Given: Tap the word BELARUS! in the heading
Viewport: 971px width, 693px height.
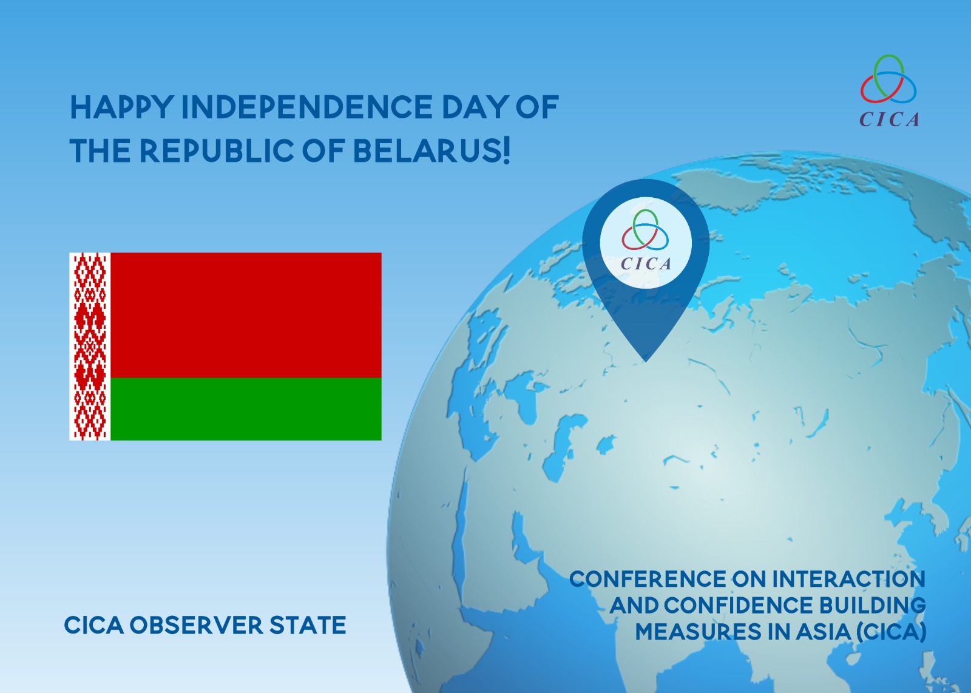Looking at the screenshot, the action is (431, 150).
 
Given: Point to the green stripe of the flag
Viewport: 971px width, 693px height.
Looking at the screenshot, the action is (246, 408).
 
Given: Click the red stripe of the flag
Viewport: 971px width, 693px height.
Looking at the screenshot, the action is (246, 315).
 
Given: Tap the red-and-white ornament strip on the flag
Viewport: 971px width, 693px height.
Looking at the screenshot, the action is (90, 346).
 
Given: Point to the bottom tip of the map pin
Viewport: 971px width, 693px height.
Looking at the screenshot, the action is (646, 362).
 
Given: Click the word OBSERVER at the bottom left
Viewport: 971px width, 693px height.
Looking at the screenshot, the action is (197, 625).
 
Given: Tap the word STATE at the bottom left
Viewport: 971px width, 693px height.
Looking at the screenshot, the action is (308, 625).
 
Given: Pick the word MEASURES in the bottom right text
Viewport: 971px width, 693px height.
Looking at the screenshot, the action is (698, 631).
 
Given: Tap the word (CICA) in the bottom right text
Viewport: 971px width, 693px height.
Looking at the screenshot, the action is (891, 632).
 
